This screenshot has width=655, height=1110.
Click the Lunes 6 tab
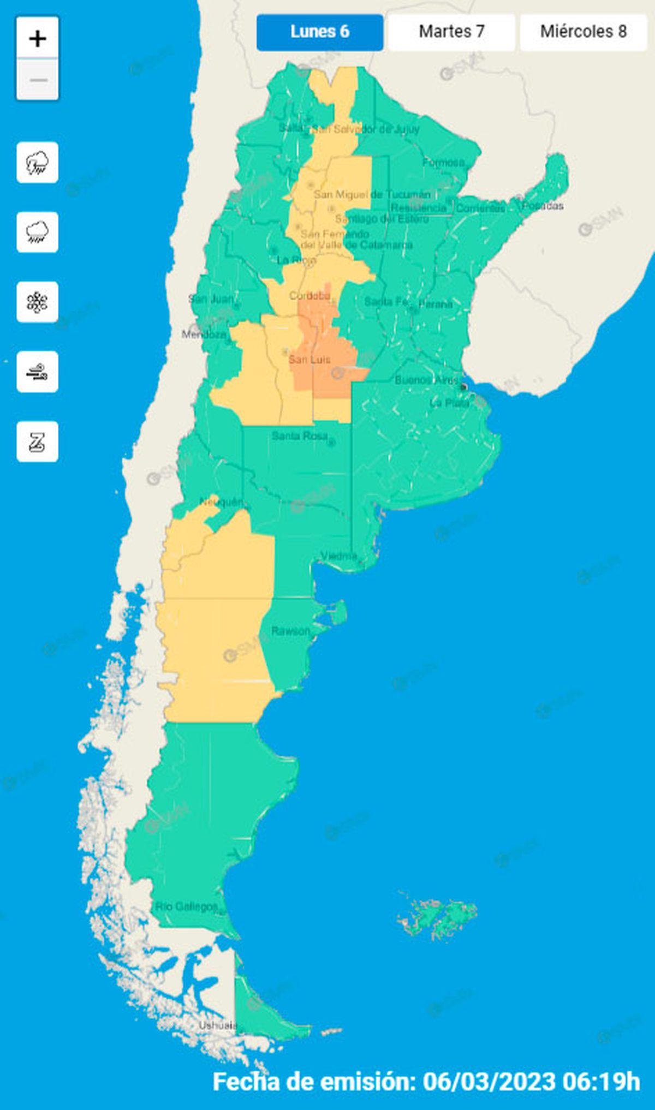tap(320, 32)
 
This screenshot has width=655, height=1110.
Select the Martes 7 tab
tap(451, 32)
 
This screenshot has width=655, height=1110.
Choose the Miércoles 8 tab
tap(583, 32)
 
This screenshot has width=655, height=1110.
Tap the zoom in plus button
tap(38, 39)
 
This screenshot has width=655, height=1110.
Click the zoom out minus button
tap(38, 80)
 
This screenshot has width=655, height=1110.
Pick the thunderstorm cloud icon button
tap(38, 163)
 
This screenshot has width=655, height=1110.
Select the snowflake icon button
tap(38, 302)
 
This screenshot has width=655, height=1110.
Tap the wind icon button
tap(38, 372)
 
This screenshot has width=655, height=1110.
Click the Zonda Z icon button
tap(38, 442)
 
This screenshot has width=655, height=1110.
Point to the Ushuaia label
tap(217, 1025)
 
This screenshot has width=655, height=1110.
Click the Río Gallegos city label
tap(186, 906)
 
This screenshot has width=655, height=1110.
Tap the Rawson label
tap(290, 631)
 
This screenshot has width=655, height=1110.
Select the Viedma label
tap(338, 556)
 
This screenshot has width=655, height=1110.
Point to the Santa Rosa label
tap(300, 435)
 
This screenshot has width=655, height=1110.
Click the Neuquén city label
tap(221, 502)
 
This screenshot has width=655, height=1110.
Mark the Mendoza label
tap(204, 334)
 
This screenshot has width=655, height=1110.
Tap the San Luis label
tap(309, 359)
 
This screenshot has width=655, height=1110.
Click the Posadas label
tap(543, 206)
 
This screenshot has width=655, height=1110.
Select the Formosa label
tap(443, 162)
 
